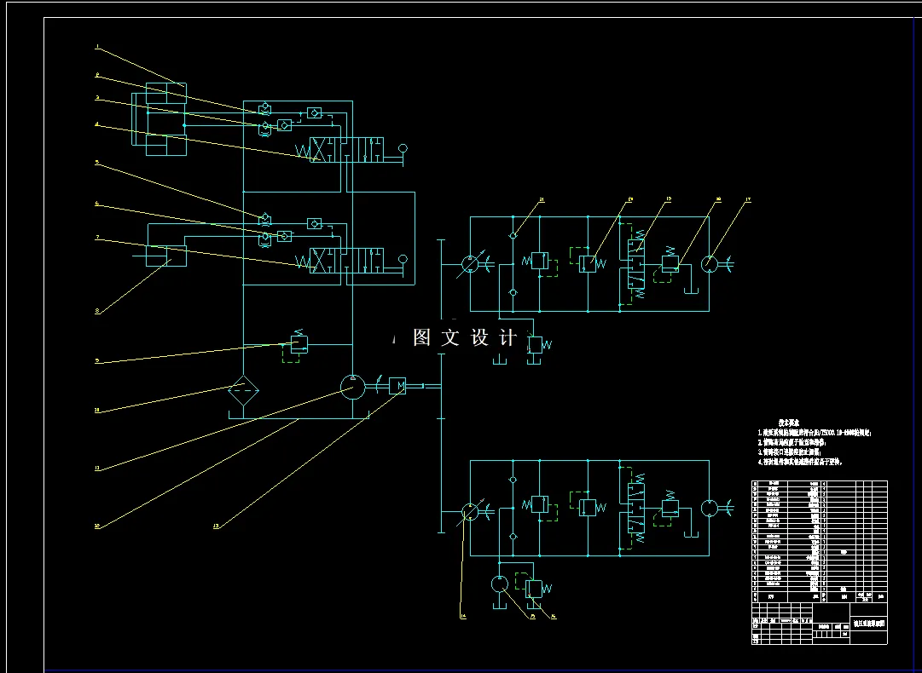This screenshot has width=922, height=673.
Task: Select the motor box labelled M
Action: (398, 386)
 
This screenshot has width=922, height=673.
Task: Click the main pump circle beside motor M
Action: (352, 387)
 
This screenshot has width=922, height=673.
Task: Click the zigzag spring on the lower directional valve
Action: (304, 261)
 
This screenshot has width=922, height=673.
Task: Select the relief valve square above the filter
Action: (299, 344)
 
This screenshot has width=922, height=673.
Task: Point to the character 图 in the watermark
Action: (421, 337)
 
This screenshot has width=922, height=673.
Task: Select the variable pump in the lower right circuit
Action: (470, 512)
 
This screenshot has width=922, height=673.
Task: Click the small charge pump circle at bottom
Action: (500, 584)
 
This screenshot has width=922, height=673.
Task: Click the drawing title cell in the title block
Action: (869, 623)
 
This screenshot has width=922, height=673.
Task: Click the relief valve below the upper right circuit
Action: (535, 345)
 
